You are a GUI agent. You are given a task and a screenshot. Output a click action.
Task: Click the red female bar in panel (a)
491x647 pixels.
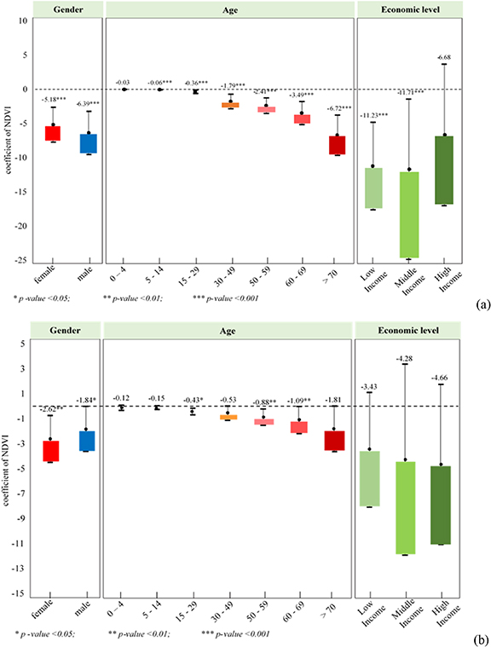pos(53,133)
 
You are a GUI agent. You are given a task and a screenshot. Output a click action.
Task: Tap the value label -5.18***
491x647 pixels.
pos(52,100)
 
